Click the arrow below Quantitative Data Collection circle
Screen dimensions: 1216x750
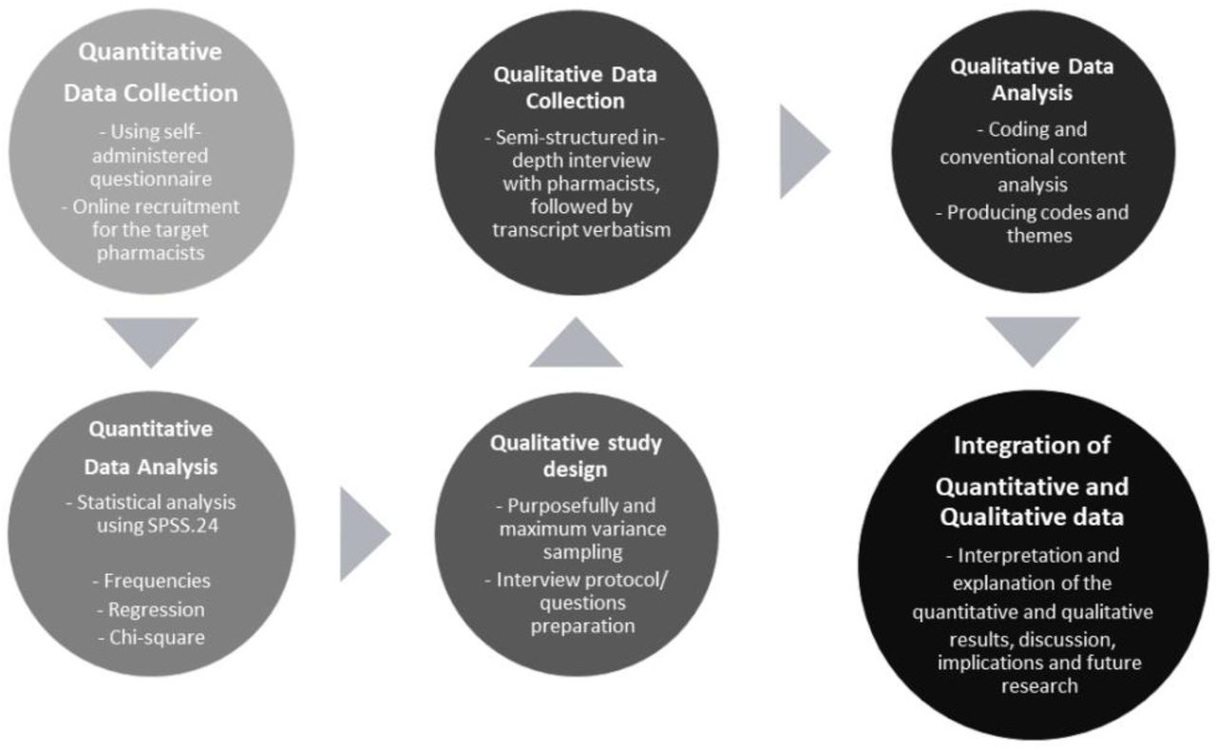(151, 340)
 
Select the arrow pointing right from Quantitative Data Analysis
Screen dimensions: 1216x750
(364, 534)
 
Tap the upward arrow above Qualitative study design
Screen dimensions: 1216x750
(576, 345)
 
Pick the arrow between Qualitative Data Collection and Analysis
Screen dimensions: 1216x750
(804, 151)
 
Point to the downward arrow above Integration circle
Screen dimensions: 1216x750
(1033, 340)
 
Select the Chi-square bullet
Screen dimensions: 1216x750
(151, 637)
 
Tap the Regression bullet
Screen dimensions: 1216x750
(151, 609)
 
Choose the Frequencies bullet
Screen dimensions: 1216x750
(151, 581)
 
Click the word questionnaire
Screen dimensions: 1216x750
(151, 180)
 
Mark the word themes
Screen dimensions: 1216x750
(1039, 236)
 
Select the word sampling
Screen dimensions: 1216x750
(582, 552)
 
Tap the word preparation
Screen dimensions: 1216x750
(582, 626)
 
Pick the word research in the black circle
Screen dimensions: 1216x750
(1039, 686)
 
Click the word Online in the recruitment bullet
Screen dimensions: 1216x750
(100, 207)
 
